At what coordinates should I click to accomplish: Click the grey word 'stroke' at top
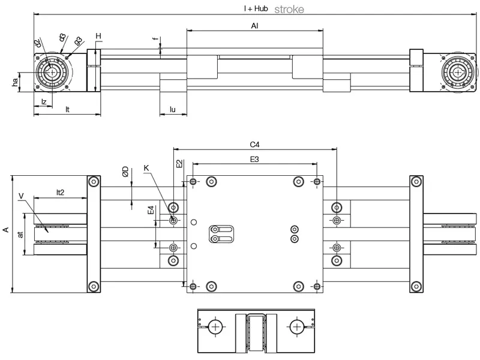pyautogui.click(x=289, y=9)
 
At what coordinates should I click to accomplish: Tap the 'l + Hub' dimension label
pyautogui.click(x=256, y=9)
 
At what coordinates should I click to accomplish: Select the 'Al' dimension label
pyautogui.click(x=255, y=26)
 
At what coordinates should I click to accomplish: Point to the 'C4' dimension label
pyautogui.click(x=254, y=145)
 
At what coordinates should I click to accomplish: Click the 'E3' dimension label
pyautogui.click(x=254, y=159)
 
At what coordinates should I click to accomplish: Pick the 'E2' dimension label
pyautogui.click(x=179, y=163)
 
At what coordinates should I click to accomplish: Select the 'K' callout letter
pyautogui.click(x=146, y=168)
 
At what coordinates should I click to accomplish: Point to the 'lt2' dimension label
pyautogui.click(x=61, y=193)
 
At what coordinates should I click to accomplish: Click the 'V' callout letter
pyautogui.click(x=21, y=196)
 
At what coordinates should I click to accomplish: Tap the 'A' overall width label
pyautogui.click(x=6, y=229)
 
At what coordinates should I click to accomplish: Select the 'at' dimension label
pyautogui.click(x=20, y=234)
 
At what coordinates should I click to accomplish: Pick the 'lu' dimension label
pyautogui.click(x=173, y=110)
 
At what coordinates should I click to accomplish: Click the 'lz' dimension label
pyautogui.click(x=44, y=102)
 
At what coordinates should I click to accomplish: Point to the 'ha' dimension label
pyautogui.click(x=15, y=82)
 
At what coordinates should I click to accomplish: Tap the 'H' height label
pyautogui.click(x=98, y=37)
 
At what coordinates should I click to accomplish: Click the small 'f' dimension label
pyautogui.click(x=155, y=40)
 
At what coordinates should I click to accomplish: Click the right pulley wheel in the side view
pyautogui.click(x=459, y=73)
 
